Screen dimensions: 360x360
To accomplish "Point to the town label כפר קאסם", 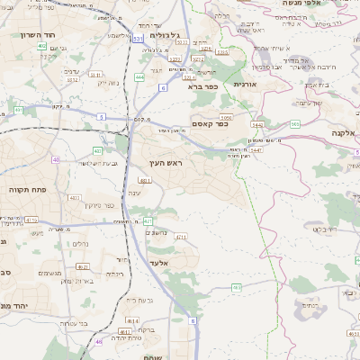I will point(209,123).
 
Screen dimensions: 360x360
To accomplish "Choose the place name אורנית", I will point(245,84).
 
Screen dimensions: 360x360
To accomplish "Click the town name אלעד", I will point(158,262).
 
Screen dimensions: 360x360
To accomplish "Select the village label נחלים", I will point(79,244).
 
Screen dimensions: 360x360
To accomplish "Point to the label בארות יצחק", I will point(79,283).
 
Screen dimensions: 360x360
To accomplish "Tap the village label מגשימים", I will point(49,273).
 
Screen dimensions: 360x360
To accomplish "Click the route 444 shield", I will point(139,77).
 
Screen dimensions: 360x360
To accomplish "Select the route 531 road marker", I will point(138,40).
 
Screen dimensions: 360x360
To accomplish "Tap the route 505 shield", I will point(294,124).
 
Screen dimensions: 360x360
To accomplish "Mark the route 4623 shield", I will point(82,266).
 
